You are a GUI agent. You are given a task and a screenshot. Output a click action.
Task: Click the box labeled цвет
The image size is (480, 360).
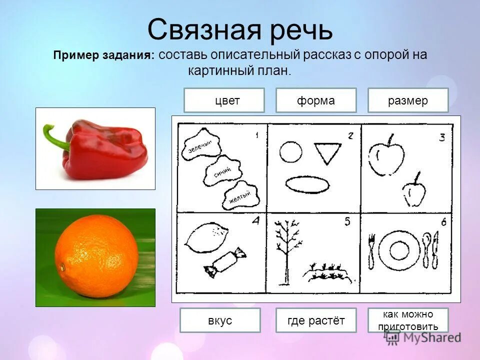tap(223, 100)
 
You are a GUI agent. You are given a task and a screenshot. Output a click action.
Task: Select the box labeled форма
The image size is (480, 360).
tap(315, 100)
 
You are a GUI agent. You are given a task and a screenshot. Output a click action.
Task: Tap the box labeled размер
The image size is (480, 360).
tap(408, 100)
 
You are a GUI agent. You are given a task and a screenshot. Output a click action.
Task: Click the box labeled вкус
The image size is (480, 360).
tap(220, 320)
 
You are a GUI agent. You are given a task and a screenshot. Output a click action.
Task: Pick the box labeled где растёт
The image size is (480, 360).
tap(315, 320)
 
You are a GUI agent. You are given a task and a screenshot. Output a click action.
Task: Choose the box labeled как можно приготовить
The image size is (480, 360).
tap(408, 320)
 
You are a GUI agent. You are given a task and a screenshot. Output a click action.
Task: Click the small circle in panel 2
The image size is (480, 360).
tap(290, 151)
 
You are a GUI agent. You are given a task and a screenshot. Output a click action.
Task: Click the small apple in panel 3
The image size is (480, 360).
tap(414, 192)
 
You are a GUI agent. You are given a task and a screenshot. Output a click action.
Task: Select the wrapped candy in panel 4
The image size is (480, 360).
tap(225, 262)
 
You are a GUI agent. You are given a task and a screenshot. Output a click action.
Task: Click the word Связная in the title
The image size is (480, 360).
tap(204, 29)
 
